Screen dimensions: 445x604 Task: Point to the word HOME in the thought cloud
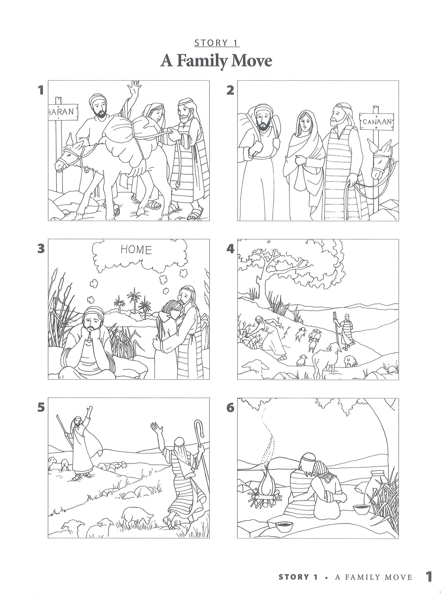point(136,250)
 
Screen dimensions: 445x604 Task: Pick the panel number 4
point(230,248)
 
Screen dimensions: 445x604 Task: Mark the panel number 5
point(41,408)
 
